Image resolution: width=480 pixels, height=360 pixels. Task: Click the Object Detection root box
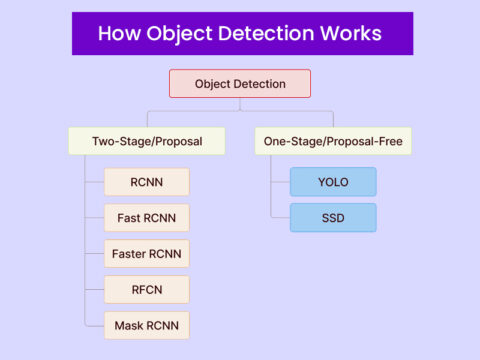point(240,83)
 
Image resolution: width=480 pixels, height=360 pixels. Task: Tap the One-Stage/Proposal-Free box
point(333,141)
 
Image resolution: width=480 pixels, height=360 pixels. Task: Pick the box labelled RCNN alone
point(146,182)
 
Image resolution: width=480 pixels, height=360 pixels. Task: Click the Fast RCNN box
point(146,217)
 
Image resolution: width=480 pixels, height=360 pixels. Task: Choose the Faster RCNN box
point(146,253)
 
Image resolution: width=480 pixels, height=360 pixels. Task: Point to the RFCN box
point(146,289)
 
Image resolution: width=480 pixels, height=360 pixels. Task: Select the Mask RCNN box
point(146,325)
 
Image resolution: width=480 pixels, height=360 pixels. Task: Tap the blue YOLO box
point(333,182)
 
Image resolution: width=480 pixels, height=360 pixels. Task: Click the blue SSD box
point(333,217)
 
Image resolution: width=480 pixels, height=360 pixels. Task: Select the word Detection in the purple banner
point(263,33)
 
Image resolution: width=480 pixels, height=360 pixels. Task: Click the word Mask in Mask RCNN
point(130,325)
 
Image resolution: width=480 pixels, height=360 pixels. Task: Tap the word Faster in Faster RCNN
point(130,253)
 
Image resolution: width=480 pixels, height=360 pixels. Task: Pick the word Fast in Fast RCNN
point(128,217)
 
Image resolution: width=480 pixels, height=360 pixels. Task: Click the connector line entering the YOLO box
point(280,182)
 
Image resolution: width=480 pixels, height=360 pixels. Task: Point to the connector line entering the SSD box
point(280,217)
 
